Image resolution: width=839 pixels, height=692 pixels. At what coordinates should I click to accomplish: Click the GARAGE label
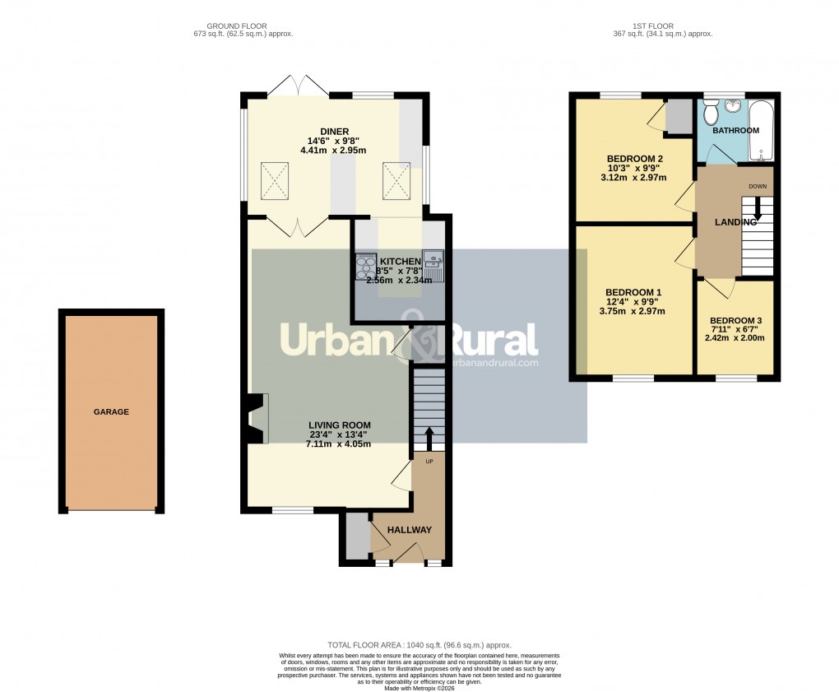coord(111,411)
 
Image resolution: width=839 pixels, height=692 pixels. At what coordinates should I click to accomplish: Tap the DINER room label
coord(335,132)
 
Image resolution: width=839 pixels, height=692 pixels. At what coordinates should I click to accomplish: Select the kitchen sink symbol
coord(433,265)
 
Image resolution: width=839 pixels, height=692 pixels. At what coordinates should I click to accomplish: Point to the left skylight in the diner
coord(275,179)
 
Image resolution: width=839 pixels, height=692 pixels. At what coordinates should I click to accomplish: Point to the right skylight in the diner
coord(396,179)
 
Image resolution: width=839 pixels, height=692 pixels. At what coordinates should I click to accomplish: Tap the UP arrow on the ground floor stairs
coord(429,439)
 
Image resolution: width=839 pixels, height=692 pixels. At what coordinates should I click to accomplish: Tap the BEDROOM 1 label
coord(633,292)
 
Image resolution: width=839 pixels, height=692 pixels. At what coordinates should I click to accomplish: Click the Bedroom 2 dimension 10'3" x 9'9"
coord(636,169)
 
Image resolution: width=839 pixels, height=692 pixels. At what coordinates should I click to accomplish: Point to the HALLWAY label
coord(409,530)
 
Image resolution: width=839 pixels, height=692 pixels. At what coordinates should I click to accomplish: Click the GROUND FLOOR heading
coord(237,26)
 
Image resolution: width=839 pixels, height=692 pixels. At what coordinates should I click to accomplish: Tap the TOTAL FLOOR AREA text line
coord(419,645)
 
